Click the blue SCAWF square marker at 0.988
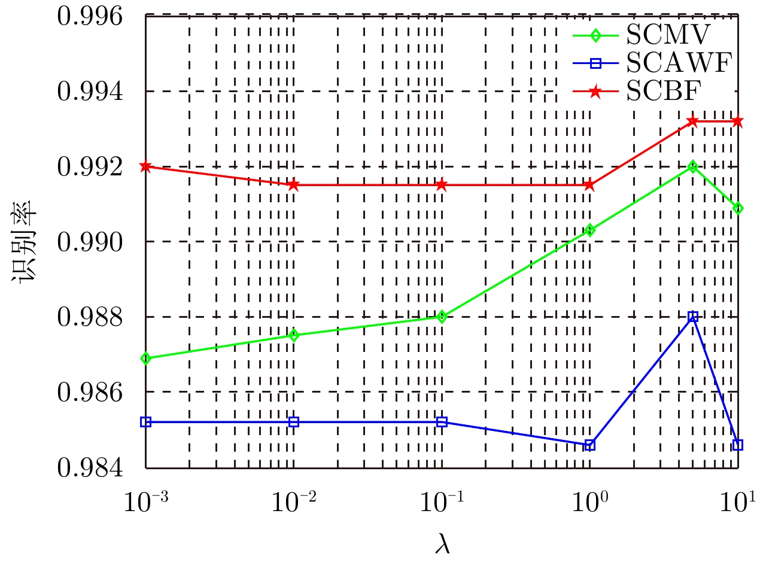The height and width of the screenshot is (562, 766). tap(693, 317)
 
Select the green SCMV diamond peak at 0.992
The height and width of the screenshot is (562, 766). tap(693, 166)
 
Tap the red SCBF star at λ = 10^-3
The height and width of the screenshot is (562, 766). tap(145, 166)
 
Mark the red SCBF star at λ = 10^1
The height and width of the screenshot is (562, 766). tap(737, 121)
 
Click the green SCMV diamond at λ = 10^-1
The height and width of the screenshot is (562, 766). tap(442, 317)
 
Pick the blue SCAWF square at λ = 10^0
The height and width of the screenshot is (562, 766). tap(590, 445)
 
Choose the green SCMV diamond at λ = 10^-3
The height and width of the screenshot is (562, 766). tap(145, 358)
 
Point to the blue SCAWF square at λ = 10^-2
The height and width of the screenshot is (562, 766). tap(293, 422)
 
